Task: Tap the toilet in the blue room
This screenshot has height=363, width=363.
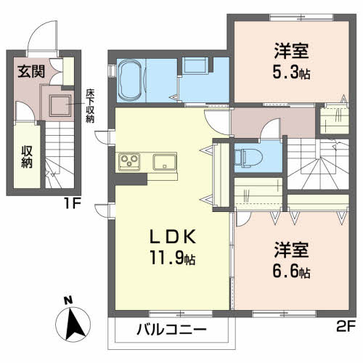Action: pos(248,155)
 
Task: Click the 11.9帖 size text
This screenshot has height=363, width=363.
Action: pos(173,258)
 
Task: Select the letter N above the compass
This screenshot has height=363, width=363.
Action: pos(67,300)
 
